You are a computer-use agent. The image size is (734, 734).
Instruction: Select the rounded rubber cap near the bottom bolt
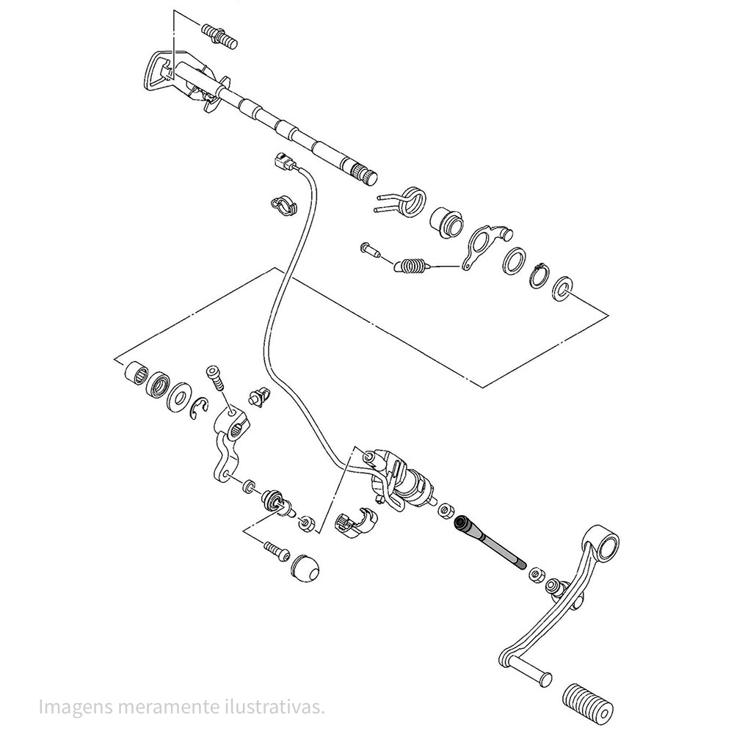point(306,567)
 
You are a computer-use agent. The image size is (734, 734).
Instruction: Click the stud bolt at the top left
point(219,35)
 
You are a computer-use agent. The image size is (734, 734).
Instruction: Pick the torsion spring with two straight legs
point(407,200)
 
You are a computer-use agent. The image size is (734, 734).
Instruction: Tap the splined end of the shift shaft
point(363,176)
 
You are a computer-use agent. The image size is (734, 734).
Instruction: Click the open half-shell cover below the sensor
point(356,523)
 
